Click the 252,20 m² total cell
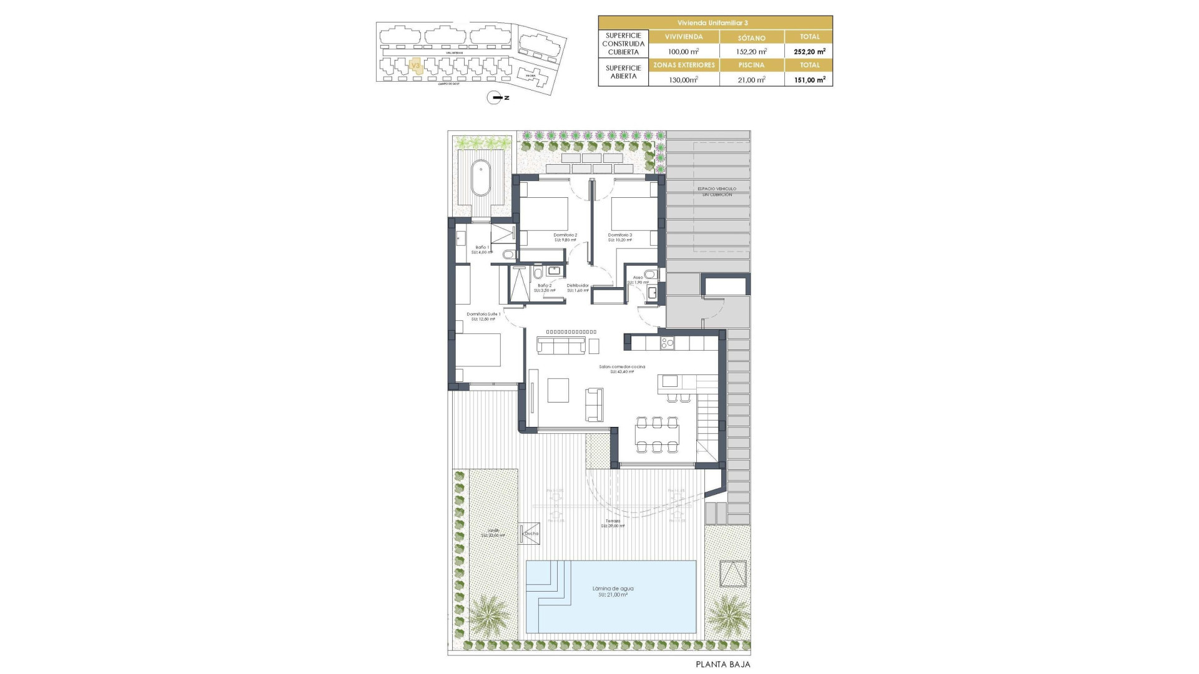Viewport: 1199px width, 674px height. [809, 52]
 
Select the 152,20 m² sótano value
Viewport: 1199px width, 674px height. [751, 52]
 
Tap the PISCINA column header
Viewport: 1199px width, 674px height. [751, 65]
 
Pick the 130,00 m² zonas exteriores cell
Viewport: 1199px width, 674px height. [683, 80]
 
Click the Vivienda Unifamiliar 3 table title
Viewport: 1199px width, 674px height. [715, 22]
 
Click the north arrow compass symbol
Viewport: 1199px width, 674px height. [495, 98]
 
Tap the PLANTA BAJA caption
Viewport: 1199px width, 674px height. [723, 665]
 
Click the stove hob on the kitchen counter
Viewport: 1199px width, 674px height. [667, 342]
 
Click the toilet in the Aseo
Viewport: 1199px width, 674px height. [651, 274]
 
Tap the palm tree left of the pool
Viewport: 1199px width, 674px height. [489, 615]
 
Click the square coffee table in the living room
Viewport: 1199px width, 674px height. [558, 390]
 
